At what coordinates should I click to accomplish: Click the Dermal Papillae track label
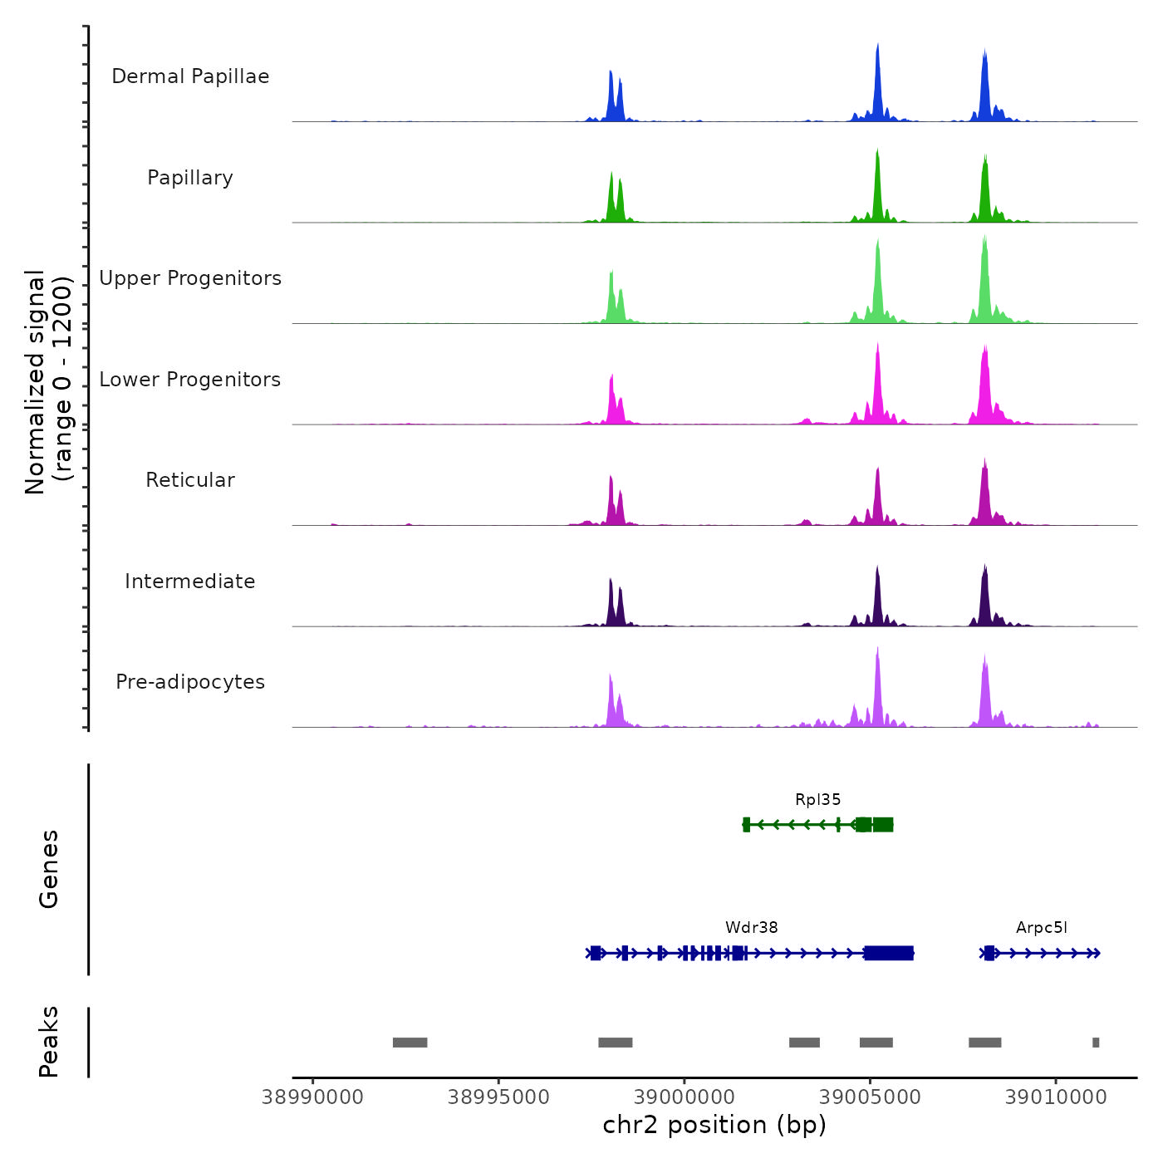[190, 76]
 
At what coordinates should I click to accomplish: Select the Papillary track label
[190, 178]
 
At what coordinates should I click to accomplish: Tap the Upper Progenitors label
[190, 278]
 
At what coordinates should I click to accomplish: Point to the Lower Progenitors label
[190, 380]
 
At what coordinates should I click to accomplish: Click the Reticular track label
[190, 480]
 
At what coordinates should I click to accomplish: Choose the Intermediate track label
[190, 581]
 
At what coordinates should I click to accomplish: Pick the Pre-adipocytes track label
[190, 682]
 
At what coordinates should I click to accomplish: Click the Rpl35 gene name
[817, 800]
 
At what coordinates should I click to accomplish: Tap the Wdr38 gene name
[751, 928]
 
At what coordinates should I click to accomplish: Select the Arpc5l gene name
[1041, 928]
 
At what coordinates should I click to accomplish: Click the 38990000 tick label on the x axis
[312, 1097]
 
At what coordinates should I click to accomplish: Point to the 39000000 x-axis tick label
[685, 1097]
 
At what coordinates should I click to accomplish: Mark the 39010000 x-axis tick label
[1056, 1097]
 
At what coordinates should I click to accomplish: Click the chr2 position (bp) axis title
[714, 1126]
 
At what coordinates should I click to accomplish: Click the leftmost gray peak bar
[410, 1043]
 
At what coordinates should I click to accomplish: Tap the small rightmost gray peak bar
[1096, 1043]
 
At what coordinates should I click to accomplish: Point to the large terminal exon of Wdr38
[888, 953]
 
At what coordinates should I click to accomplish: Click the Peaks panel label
[49, 1042]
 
